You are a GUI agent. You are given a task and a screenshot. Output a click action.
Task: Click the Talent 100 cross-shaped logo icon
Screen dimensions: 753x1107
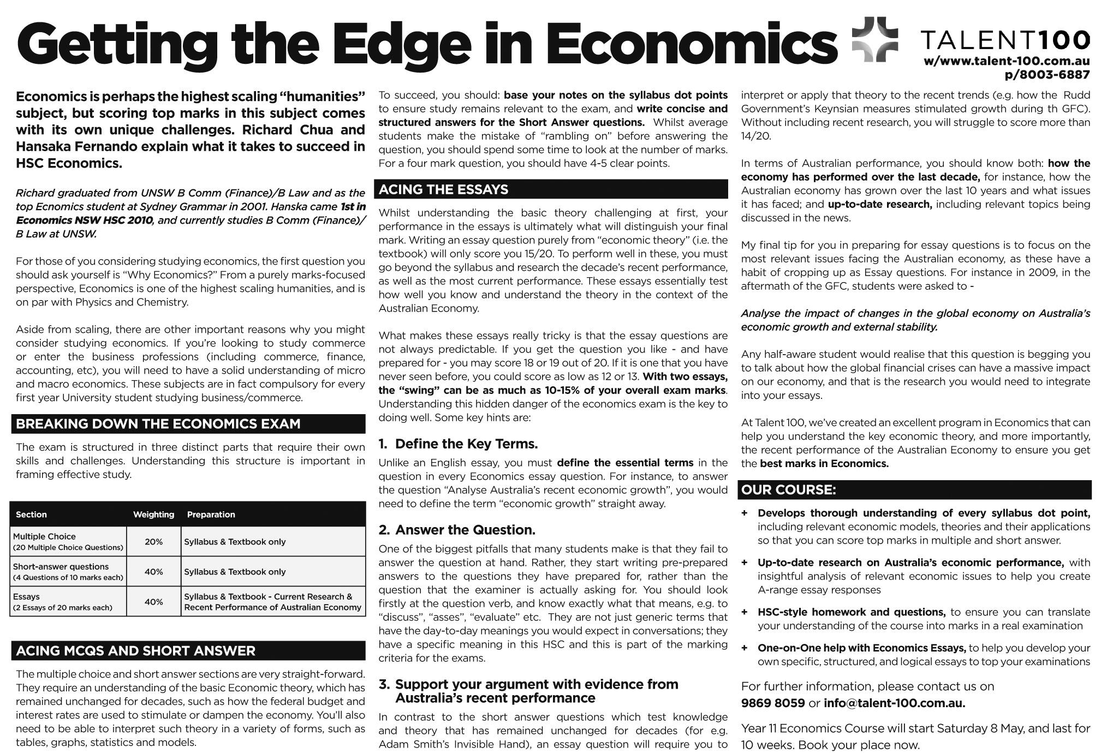[x=874, y=39]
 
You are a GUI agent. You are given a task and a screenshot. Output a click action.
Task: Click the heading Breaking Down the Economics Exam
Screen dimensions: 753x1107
[x=158, y=424]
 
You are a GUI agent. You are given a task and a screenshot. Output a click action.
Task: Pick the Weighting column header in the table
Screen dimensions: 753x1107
[x=153, y=515]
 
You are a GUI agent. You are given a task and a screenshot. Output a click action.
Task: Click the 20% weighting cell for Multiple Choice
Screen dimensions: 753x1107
[x=153, y=542]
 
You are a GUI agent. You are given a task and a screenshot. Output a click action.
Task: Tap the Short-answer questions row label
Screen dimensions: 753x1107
[x=61, y=567]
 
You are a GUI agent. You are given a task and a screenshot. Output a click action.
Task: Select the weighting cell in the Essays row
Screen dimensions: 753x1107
[x=153, y=602]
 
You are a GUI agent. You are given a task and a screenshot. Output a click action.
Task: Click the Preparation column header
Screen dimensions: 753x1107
[x=211, y=515]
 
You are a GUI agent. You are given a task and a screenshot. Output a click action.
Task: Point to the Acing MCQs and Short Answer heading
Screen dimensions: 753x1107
[x=135, y=651]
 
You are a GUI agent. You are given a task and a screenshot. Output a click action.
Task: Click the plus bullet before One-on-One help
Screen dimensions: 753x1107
[x=745, y=648]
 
